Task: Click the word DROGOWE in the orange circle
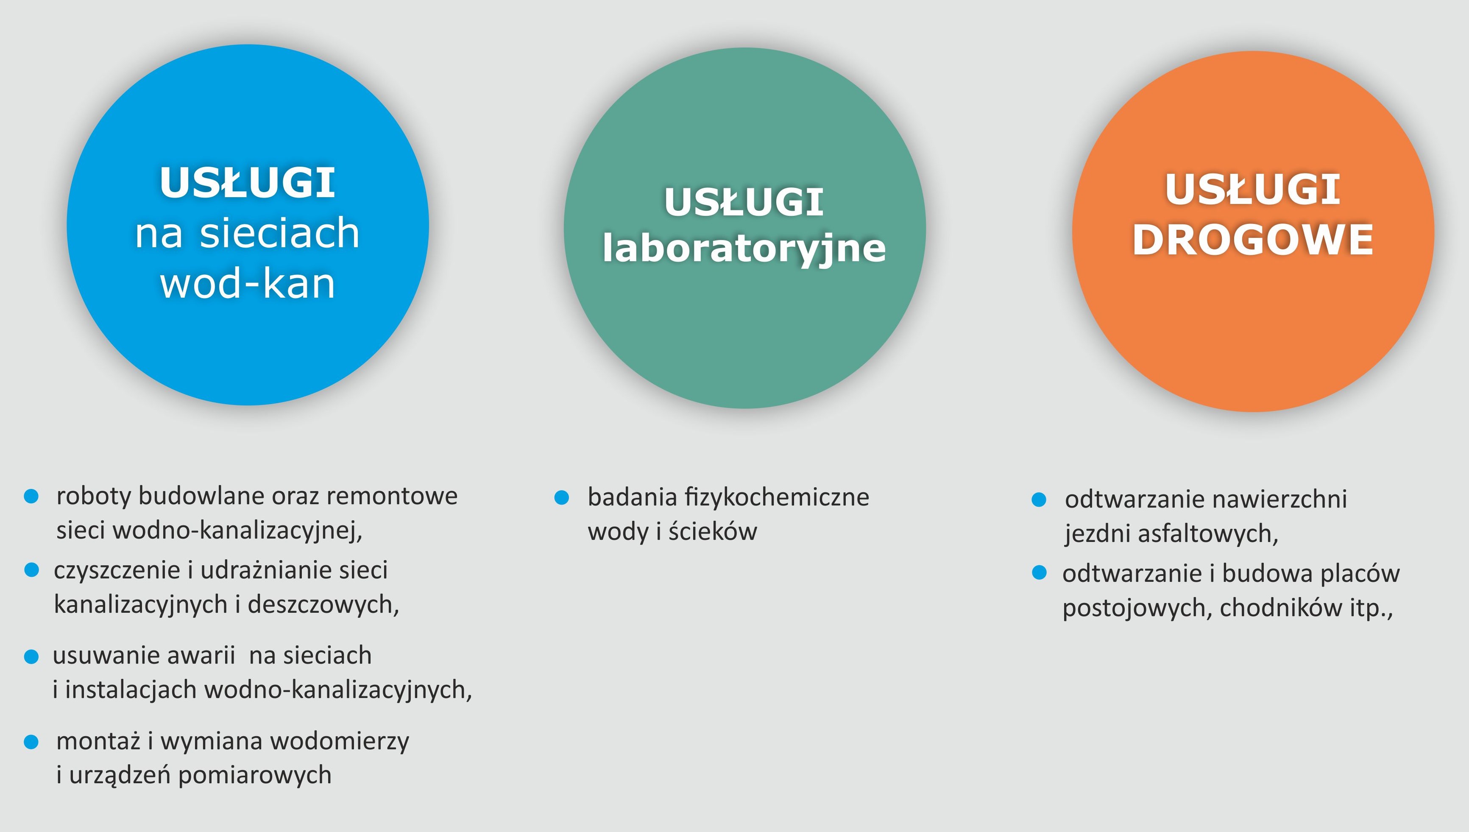pos(1252,240)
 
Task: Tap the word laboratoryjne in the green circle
pos(744,249)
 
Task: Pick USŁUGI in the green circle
pos(744,202)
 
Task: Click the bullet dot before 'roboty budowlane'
pos(31,496)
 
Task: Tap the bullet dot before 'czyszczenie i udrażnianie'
pos(31,570)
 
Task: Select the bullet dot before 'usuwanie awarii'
pos(31,656)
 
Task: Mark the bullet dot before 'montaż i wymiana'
pos(31,742)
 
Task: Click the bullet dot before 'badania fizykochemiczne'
pos(562,497)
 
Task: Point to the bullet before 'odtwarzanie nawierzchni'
pos(1039,500)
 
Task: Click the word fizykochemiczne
pos(777,497)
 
